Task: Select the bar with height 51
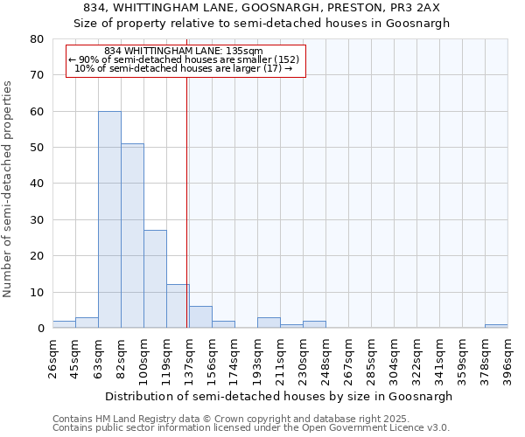pos(132,236)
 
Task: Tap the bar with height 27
pos(155,279)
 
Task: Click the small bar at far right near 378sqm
pos(496,326)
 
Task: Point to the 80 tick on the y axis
pos(37,39)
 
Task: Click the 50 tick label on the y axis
pos(37,148)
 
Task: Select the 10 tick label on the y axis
pos(37,292)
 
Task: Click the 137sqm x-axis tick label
pos(190,358)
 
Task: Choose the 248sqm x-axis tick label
pos(326,358)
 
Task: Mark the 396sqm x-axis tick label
pos(508,358)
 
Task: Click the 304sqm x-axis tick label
pos(395,358)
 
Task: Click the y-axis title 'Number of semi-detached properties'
pos(8,189)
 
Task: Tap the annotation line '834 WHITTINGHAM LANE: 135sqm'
pos(183,52)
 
